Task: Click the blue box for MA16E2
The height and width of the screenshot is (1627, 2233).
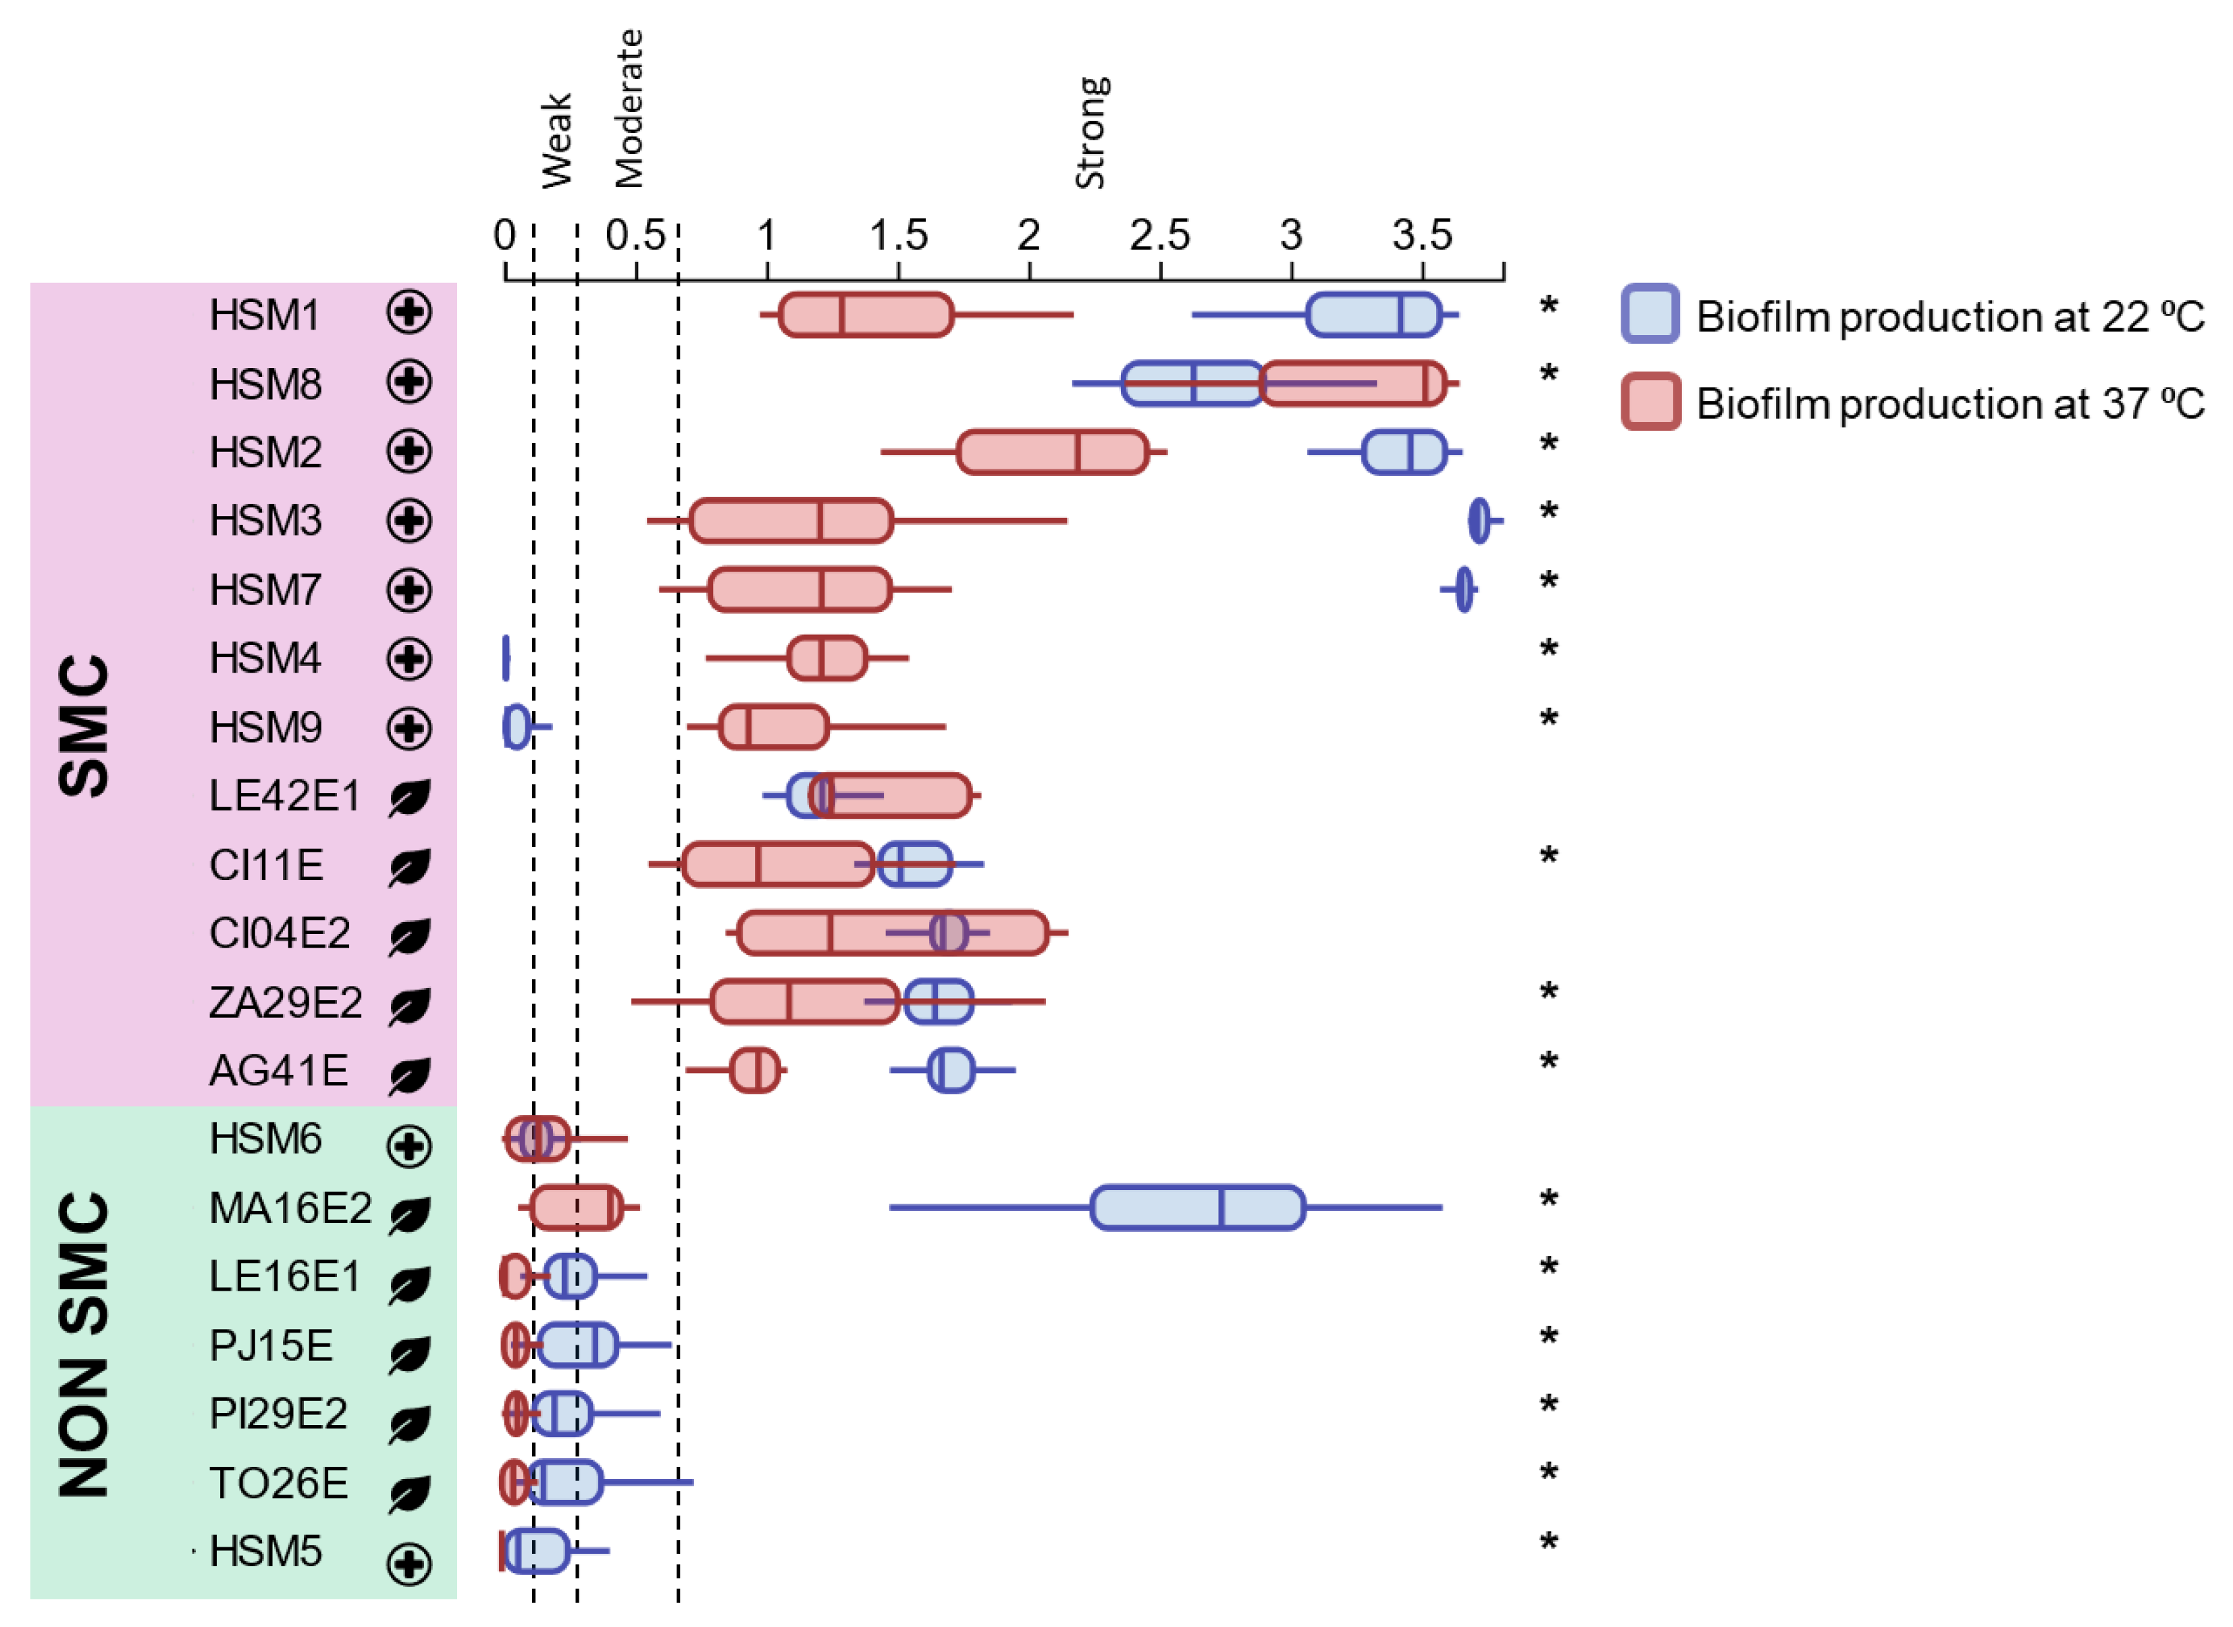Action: [1197, 1208]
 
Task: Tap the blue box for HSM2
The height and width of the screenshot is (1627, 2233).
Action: [1403, 452]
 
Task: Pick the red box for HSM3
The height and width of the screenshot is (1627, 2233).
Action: [791, 520]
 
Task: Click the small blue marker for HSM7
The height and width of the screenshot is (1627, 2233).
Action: [1464, 589]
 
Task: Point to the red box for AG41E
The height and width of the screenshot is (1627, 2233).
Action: [754, 1070]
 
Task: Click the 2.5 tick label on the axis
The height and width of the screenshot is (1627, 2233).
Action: [1160, 236]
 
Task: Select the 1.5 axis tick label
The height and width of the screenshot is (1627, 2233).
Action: [898, 236]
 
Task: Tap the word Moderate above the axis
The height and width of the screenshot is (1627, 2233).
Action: [628, 108]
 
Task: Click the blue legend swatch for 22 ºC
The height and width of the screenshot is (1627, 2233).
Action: [1650, 314]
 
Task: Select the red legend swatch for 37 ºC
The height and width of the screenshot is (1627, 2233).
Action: [1650, 401]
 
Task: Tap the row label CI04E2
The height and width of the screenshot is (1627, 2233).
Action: [280, 933]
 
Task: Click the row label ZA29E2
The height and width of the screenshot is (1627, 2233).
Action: [286, 1002]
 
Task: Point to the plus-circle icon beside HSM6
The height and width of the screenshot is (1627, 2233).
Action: [409, 1145]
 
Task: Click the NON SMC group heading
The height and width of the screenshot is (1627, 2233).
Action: [84, 1344]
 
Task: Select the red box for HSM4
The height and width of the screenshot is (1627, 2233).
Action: [827, 658]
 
